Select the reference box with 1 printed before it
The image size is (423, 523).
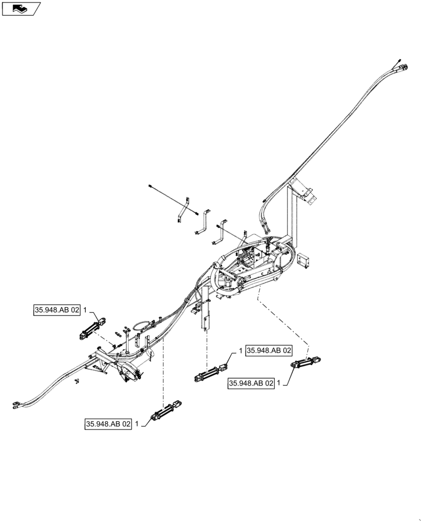269,350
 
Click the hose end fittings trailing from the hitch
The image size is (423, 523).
16,403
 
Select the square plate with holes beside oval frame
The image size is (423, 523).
303,261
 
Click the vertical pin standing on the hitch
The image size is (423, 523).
126,342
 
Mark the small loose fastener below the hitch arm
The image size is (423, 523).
77,380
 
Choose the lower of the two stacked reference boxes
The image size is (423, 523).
251,383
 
